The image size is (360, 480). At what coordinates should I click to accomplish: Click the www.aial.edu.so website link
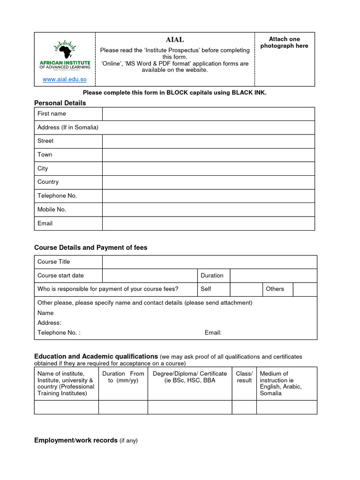[x=65, y=80]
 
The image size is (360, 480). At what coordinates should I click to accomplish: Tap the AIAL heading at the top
[x=174, y=40]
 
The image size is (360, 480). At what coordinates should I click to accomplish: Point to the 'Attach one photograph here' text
[x=284, y=42]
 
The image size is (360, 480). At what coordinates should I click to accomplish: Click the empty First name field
[x=208, y=114]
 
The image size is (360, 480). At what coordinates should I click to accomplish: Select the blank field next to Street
[x=208, y=141]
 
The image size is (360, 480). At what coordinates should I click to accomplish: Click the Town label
[x=45, y=155]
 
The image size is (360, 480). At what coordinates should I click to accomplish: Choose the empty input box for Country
[x=208, y=182]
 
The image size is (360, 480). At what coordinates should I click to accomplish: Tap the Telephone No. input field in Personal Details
[x=208, y=196]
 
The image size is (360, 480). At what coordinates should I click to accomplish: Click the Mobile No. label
[x=52, y=210]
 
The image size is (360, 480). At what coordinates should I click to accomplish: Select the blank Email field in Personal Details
[x=208, y=224]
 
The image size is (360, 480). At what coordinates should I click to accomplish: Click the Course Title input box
[x=210, y=262]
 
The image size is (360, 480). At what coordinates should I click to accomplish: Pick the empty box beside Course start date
[x=150, y=276]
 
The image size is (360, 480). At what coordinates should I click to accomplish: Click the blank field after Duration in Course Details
[x=273, y=276]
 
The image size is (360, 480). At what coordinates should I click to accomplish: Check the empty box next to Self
[x=246, y=289]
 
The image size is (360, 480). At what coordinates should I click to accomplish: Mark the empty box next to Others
[x=305, y=289]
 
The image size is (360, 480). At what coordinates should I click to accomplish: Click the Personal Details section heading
[x=60, y=103]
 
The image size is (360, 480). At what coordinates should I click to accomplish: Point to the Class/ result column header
[x=244, y=377]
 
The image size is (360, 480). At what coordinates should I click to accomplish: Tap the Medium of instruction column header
[x=281, y=383]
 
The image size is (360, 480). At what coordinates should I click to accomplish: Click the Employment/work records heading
[x=76, y=441]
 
